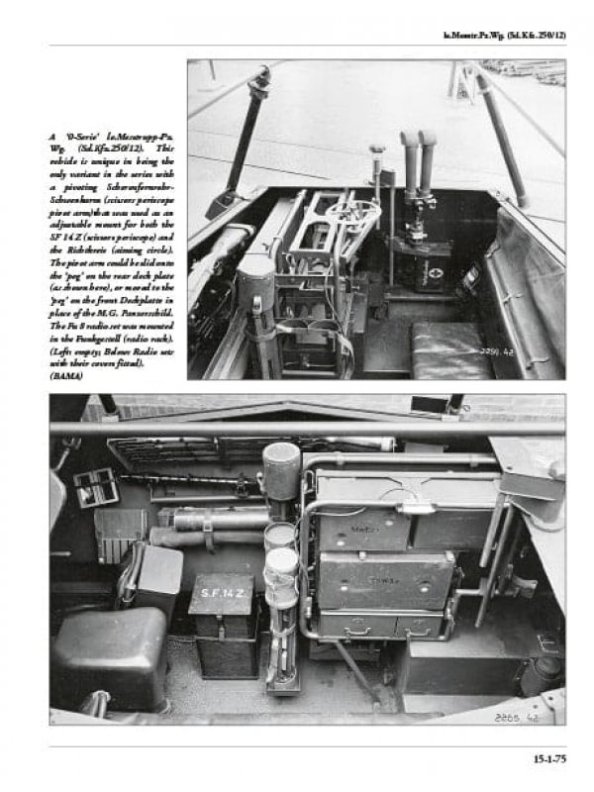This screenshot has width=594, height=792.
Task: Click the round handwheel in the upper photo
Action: (x=353, y=212)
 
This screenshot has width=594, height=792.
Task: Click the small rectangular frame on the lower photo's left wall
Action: (x=95, y=488)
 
